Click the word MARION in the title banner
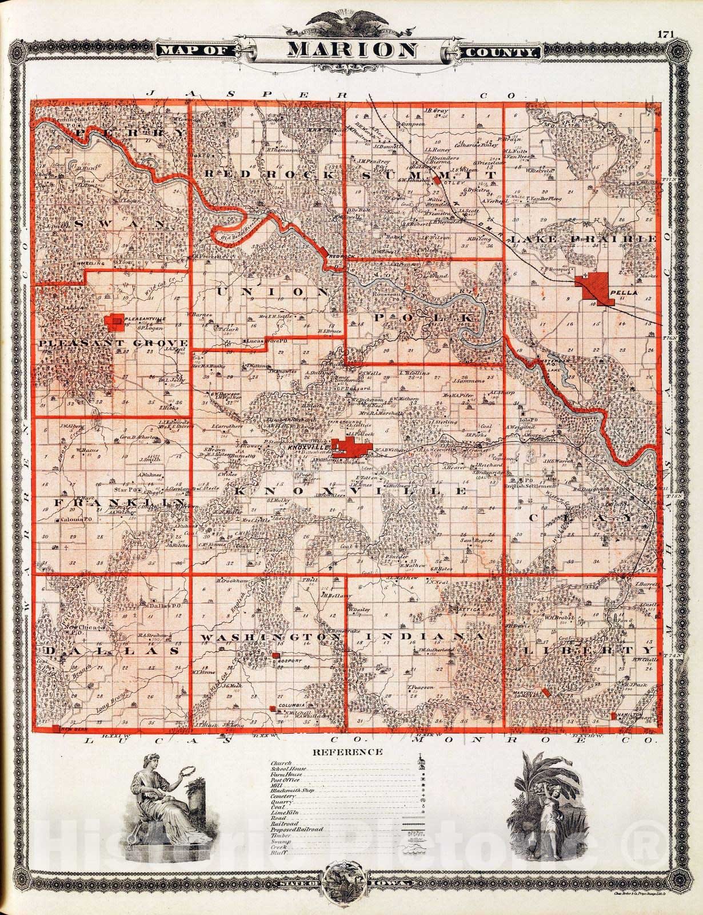351,50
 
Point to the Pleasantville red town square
115,322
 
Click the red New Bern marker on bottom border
55,728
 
